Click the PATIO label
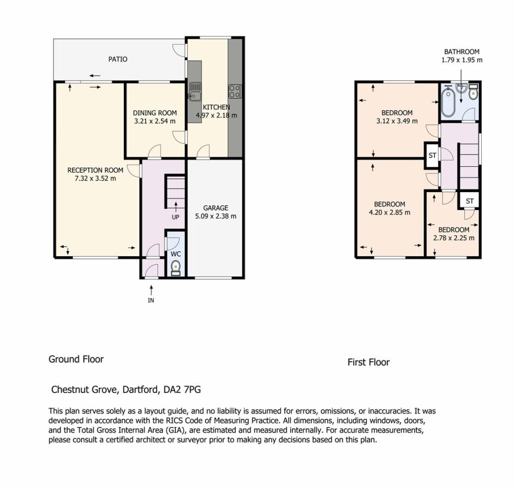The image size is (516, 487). point(118,59)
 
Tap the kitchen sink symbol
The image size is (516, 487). point(195,91)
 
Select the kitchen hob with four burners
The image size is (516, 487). point(235,91)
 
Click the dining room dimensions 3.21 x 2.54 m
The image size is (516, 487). point(155,121)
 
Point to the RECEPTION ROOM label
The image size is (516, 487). point(95,170)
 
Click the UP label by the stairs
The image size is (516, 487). point(175,217)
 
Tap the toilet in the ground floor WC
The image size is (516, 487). point(176,267)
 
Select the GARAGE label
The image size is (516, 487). point(216,208)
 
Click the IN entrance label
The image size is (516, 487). point(151,300)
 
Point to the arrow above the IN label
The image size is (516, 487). point(151,290)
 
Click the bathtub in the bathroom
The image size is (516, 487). point(447,101)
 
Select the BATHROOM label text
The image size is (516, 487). point(462,52)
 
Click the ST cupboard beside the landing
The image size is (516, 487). point(432,155)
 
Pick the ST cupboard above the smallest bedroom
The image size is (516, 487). point(470,201)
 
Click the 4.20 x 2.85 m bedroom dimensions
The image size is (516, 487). point(390,213)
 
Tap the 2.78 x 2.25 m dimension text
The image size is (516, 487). point(454,238)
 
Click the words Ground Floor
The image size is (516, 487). point(76,359)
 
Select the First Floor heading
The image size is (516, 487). point(368,362)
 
